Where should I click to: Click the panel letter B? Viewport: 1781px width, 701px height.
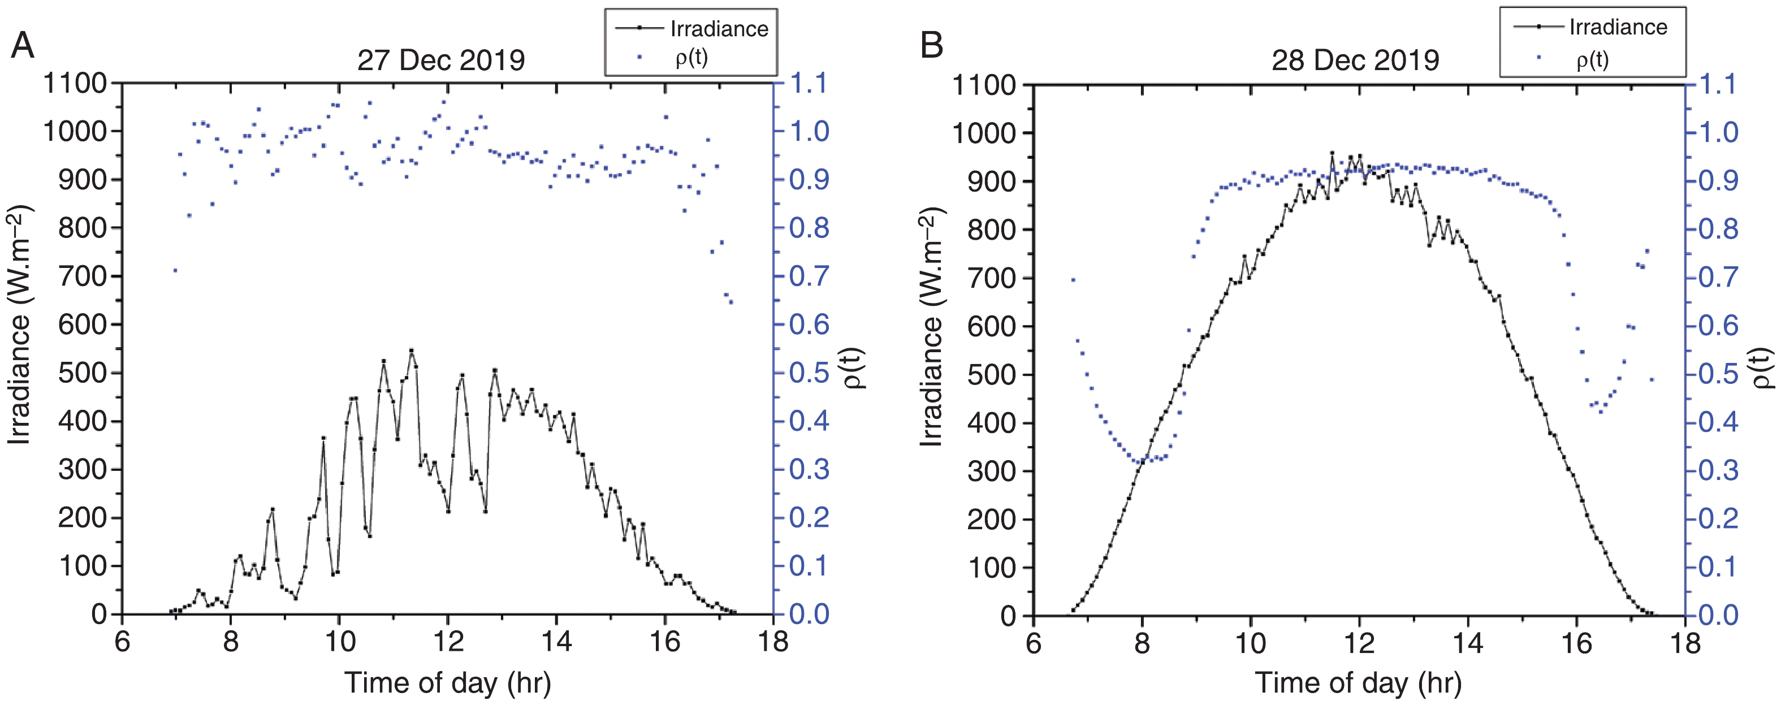(x=932, y=46)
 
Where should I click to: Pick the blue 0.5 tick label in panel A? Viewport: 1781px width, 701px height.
(x=809, y=373)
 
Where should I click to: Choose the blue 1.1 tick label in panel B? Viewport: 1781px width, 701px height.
(x=1718, y=85)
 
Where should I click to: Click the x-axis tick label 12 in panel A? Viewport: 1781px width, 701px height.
(x=448, y=642)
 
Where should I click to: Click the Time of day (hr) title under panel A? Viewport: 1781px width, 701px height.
(x=448, y=683)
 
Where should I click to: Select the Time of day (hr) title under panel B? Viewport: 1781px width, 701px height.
(x=1359, y=683)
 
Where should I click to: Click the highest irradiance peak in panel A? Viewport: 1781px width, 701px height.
(x=412, y=350)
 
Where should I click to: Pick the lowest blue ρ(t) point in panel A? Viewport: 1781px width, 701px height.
(x=731, y=302)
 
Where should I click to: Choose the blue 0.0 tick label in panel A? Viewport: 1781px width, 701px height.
(x=809, y=614)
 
